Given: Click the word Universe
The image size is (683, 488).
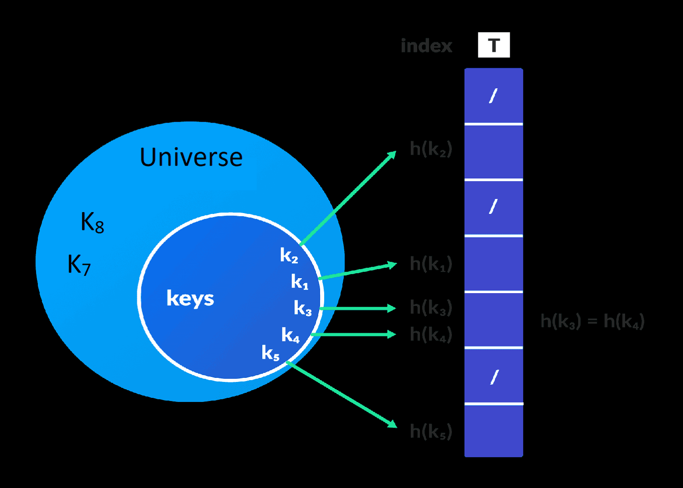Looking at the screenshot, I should tap(191, 158).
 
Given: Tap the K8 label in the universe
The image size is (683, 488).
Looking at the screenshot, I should tap(92, 223).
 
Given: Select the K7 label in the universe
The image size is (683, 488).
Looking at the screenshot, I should tap(79, 264).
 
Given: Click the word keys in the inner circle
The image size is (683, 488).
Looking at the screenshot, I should tap(190, 299).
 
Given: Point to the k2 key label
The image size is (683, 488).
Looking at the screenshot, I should tap(289, 255).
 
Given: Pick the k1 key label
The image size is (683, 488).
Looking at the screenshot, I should tap(300, 282).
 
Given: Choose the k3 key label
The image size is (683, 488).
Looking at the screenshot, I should tap(303, 308).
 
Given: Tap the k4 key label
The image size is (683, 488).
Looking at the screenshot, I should tap(290, 335).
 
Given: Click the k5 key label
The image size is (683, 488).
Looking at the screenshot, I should tap(270, 352).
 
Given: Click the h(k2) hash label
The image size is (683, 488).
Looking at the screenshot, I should tap(430, 149).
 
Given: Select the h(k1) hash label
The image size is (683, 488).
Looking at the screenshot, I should tap(430, 264).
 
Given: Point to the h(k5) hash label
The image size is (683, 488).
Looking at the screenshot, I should tap(430, 431).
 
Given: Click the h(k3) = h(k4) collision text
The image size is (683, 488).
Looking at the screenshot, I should tap(592, 321).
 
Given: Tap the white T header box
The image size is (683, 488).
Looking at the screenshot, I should tap(494, 45).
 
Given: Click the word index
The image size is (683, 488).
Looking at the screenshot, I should tap(426, 46).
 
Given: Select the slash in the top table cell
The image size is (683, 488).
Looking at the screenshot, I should tap(493, 96).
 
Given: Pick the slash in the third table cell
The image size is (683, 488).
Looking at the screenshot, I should tap(493, 207).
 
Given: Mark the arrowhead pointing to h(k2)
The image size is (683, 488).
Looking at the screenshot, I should tap(392, 155).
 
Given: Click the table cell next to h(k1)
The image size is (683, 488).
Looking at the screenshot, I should tap(493, 264).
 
